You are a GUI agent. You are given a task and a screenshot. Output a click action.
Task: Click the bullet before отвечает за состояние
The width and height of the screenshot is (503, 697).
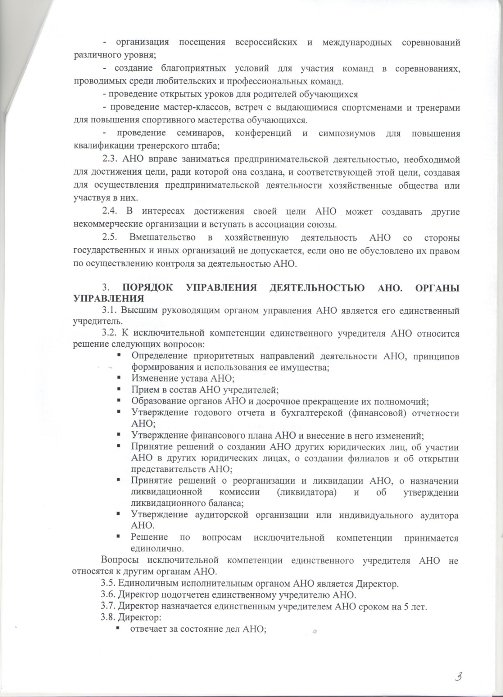coord(119,629)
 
